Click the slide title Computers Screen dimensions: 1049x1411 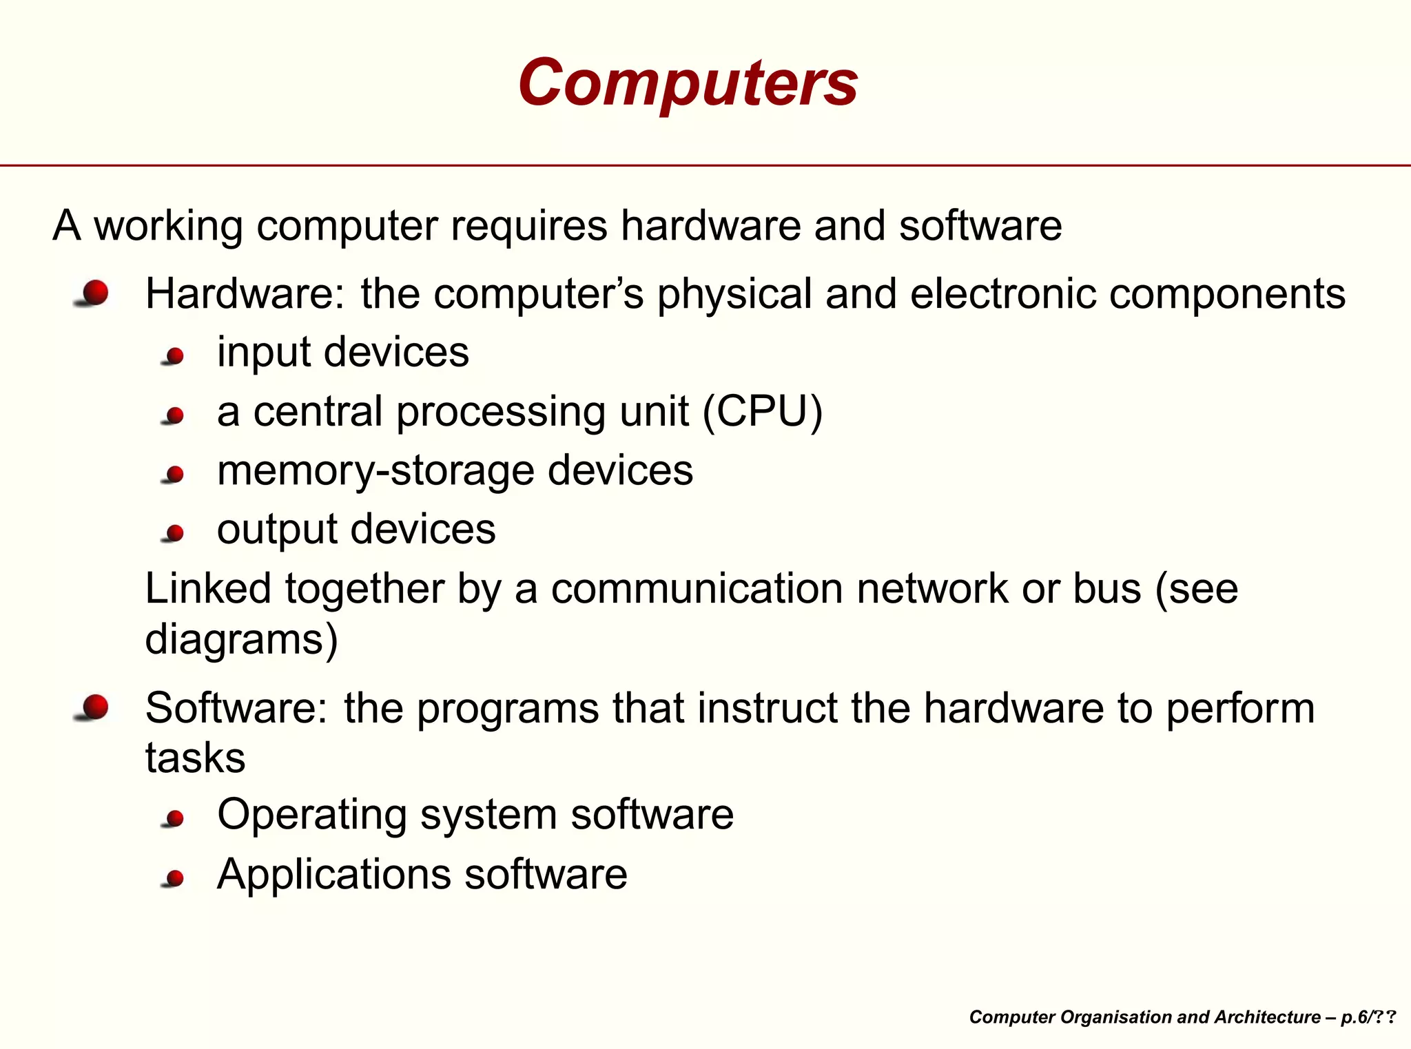[688, 83]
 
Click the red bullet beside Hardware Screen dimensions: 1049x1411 [95, 293]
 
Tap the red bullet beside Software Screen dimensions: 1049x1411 [95, 707]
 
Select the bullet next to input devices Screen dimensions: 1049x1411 [175, 356]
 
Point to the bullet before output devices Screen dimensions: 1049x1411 [175, 532]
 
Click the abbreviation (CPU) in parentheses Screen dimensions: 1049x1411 [763, 412]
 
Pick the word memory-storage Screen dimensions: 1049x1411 [375, 471]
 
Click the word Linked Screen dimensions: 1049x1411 [208, 589]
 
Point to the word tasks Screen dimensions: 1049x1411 [195, 758]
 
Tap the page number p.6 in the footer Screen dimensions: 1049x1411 [1355, 1017]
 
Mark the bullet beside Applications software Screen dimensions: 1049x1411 [175, 878]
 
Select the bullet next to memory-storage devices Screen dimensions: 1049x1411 [175, 475]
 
